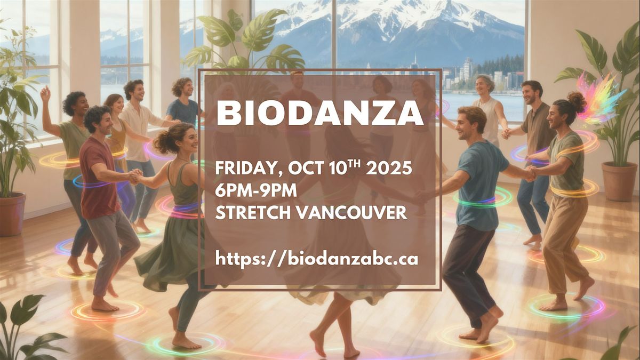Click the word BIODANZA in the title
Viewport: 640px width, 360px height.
click(319, 113)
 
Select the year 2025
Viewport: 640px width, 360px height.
click(389, 169)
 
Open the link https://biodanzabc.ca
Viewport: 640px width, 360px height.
click(317, 259)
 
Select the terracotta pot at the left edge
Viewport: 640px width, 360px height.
click(11, 214)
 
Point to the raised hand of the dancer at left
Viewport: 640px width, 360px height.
click(45, 93)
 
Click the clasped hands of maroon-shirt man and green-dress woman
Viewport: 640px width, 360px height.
click(135, 177)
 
